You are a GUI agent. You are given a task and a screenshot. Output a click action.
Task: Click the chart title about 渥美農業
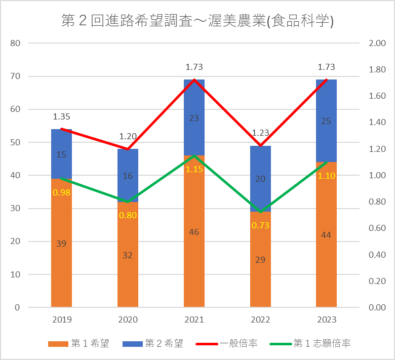[197, 21]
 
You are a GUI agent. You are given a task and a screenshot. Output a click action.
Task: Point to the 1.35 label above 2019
[61, 117]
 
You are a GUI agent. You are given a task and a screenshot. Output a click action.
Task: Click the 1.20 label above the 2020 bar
[128, 137]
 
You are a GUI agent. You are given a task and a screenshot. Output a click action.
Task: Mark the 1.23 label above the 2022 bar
[260, 133]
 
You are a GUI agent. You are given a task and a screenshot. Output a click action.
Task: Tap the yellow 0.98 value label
[61, 192]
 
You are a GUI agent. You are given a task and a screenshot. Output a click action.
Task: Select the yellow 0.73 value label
[260, 225]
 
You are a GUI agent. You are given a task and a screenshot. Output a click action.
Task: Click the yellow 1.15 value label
[194, 170]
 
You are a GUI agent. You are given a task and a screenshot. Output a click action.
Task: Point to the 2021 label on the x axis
[194, 320]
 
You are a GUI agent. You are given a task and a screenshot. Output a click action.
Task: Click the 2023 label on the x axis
[327, 320]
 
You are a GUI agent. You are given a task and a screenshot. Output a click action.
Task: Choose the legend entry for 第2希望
[153, 344]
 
